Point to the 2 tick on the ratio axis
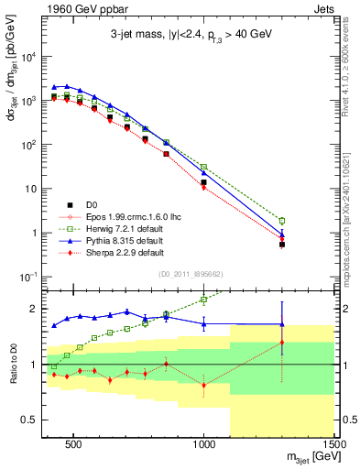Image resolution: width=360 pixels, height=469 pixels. (x=33, y=309)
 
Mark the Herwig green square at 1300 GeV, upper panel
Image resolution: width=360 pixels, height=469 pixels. (x=282, y=221)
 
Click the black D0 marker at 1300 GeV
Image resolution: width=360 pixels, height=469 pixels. (x=282, y=245)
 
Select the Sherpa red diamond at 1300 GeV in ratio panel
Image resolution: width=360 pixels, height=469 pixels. (x=282, y=343)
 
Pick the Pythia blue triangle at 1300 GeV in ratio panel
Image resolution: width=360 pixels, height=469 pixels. (x=282, y=323)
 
